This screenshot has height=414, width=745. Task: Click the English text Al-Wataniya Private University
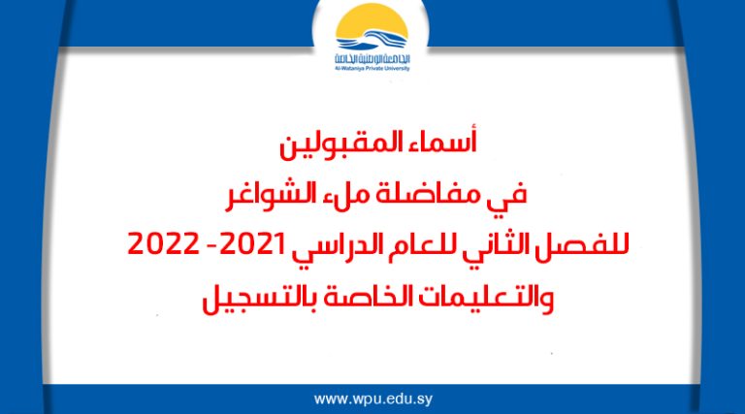tap(372, 69)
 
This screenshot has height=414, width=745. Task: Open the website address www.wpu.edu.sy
tap(372, 398)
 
